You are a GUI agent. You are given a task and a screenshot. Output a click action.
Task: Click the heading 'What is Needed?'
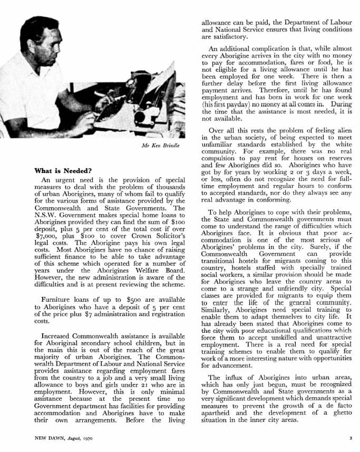[63, 171]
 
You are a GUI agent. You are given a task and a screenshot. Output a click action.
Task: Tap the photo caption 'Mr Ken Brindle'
[163, 145]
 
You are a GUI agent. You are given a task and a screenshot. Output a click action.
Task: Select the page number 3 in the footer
[351, 438]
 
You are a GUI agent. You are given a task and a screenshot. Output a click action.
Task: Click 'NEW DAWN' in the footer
[50, 438]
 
